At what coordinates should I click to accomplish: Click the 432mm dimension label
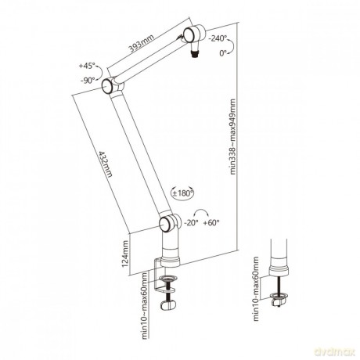pyautogui.click(x=106, y=164)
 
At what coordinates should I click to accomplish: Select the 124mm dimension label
pyautogui.click(x=125, y=254)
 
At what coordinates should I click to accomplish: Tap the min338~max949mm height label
pyautogui.click(x=232, y=136)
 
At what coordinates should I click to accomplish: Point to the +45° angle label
pyautogui.click(x=87, y=66)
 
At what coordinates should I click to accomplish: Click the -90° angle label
pyautogui.click(x=88, y=81)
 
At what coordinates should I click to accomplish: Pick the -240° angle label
pyautogui.click(x=218, y=38)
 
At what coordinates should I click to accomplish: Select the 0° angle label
pyautogui.click(x=223, y=53)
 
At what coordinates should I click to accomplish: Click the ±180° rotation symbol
pyautogui.click(x=182, y=193)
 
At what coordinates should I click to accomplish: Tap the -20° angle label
pyautogui.click(x=191, y=223)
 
